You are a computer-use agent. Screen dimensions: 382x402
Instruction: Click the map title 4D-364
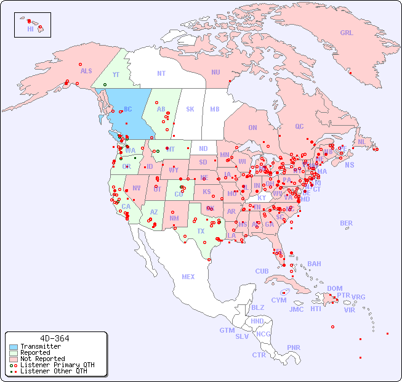click(54, 338)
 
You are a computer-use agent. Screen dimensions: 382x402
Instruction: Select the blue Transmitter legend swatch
click(14, 347)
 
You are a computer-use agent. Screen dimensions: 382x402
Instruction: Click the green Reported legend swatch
click(14, 353)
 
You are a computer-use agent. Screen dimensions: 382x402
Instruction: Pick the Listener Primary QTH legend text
click(57, 365)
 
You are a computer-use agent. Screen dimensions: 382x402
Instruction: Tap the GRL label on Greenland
click(347, 33)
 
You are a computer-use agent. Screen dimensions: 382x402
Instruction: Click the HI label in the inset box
click(30, 29)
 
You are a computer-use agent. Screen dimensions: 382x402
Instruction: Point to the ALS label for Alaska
click(86, 71)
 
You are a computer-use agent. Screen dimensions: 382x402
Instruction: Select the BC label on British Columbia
click(128, 110)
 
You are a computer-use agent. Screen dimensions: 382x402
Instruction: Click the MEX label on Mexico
click(188, 277)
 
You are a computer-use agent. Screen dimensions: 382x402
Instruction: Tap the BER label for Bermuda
click(346, 223)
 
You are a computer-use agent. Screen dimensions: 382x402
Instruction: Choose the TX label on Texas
click(201, 231)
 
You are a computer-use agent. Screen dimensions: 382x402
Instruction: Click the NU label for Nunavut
click(215, 72)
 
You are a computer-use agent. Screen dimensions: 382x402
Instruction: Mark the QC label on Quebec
click(299, 126)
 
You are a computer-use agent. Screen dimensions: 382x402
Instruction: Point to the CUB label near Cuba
click(262, 271)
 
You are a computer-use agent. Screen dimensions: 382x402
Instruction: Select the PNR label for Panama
click(294, 347)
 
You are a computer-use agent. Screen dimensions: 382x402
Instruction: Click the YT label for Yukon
click(116, 75)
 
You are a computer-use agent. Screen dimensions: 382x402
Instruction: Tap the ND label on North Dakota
click(203, 148)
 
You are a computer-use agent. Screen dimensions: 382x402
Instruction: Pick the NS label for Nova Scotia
click(349, 165)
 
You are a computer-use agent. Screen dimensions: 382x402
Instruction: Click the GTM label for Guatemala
click(227, 330)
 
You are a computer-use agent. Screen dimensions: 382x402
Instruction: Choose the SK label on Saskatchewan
click(190, 110)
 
